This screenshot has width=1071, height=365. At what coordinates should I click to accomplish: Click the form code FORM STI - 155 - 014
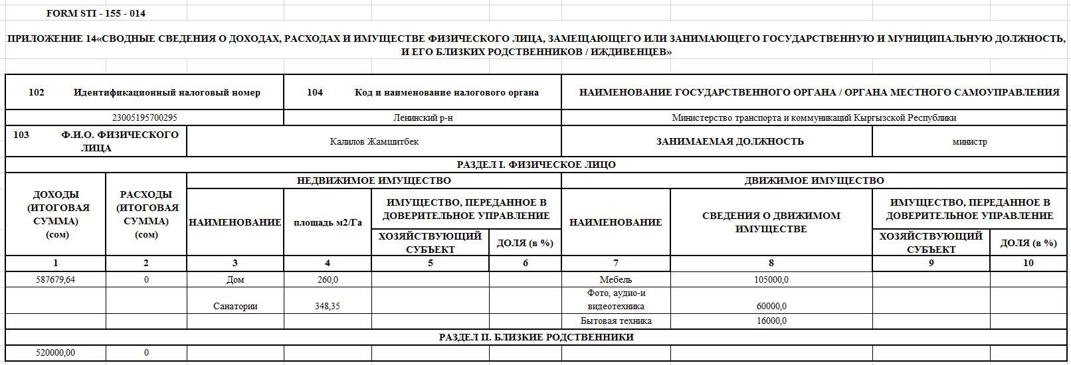tap(96, 13)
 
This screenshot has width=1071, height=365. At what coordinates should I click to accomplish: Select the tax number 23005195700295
tap(144, 118)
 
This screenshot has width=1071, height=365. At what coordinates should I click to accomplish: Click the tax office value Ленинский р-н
tap(423, 118)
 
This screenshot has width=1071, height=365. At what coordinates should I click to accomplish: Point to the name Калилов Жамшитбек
tap(374, 141)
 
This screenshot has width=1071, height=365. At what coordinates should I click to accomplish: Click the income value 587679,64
tap(56, 280)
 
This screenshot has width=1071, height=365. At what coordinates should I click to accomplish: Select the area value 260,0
tap(328, 280)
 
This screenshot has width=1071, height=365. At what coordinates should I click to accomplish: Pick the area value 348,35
tap(328, 307)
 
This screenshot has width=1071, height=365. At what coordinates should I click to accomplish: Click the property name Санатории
tap(235, 307)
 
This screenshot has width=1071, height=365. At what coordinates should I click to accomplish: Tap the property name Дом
tap(235, 280)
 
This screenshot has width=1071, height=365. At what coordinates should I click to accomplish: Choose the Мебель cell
tap(615, 280)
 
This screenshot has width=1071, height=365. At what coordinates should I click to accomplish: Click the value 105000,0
tap(771, 280)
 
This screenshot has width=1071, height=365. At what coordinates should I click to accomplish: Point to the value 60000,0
tap(771, 307)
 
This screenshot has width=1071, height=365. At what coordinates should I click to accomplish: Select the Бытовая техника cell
tap(615, 321)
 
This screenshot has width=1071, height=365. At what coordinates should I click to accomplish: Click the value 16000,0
tap(771, 321)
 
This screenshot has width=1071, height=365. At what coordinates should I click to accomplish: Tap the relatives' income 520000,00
tap(56, 353)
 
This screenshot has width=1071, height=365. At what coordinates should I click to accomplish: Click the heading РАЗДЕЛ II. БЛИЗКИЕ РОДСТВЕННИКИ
tap(536, 337)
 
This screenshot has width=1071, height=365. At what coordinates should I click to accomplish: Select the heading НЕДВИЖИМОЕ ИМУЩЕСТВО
tap(373, 181)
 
